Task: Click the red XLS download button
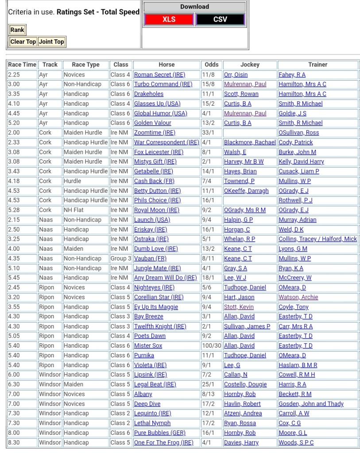pos(169,19)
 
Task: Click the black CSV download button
pos(220,19)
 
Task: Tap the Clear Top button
pos(23,42)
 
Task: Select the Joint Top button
pos(51,42)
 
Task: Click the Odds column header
pos(212,65)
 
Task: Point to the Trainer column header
pos(317,65)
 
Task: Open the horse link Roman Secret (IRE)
pos(159,75)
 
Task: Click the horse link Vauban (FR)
pos(150,258)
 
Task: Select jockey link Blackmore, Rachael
pos(250,142)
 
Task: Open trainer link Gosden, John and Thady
pos(311,403)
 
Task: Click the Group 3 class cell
pos(120,258)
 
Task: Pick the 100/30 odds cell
pos(212,346)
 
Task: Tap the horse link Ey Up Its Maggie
pos(156,307)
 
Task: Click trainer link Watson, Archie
pos(298,297)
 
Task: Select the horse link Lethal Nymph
pos(152,423)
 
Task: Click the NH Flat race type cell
pos(74,210)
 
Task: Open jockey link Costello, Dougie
pos(241,384)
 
